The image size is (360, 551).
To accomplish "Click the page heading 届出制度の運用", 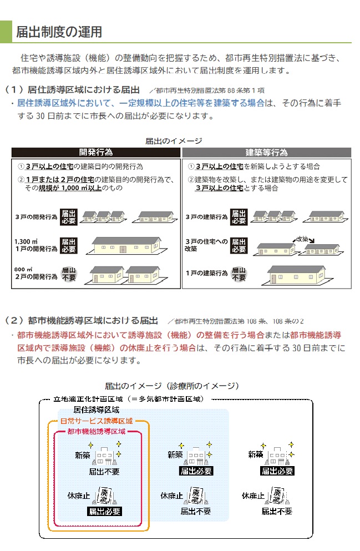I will (58, 32).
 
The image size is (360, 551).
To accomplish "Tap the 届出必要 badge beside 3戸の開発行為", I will (68, 217).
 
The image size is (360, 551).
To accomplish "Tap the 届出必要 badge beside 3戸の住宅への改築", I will (238, 245).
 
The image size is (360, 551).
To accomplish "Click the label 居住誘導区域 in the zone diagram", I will (97, 410).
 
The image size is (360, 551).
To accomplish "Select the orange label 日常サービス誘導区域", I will (98, 421).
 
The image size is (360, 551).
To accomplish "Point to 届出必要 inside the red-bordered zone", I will (104, 511).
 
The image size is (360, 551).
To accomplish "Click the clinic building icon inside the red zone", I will (106, 456).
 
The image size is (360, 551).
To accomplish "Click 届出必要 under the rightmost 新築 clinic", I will (277, 471).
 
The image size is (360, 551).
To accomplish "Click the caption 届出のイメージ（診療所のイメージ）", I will (172, 386).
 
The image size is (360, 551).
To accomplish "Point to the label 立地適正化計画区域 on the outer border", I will (129, 398).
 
